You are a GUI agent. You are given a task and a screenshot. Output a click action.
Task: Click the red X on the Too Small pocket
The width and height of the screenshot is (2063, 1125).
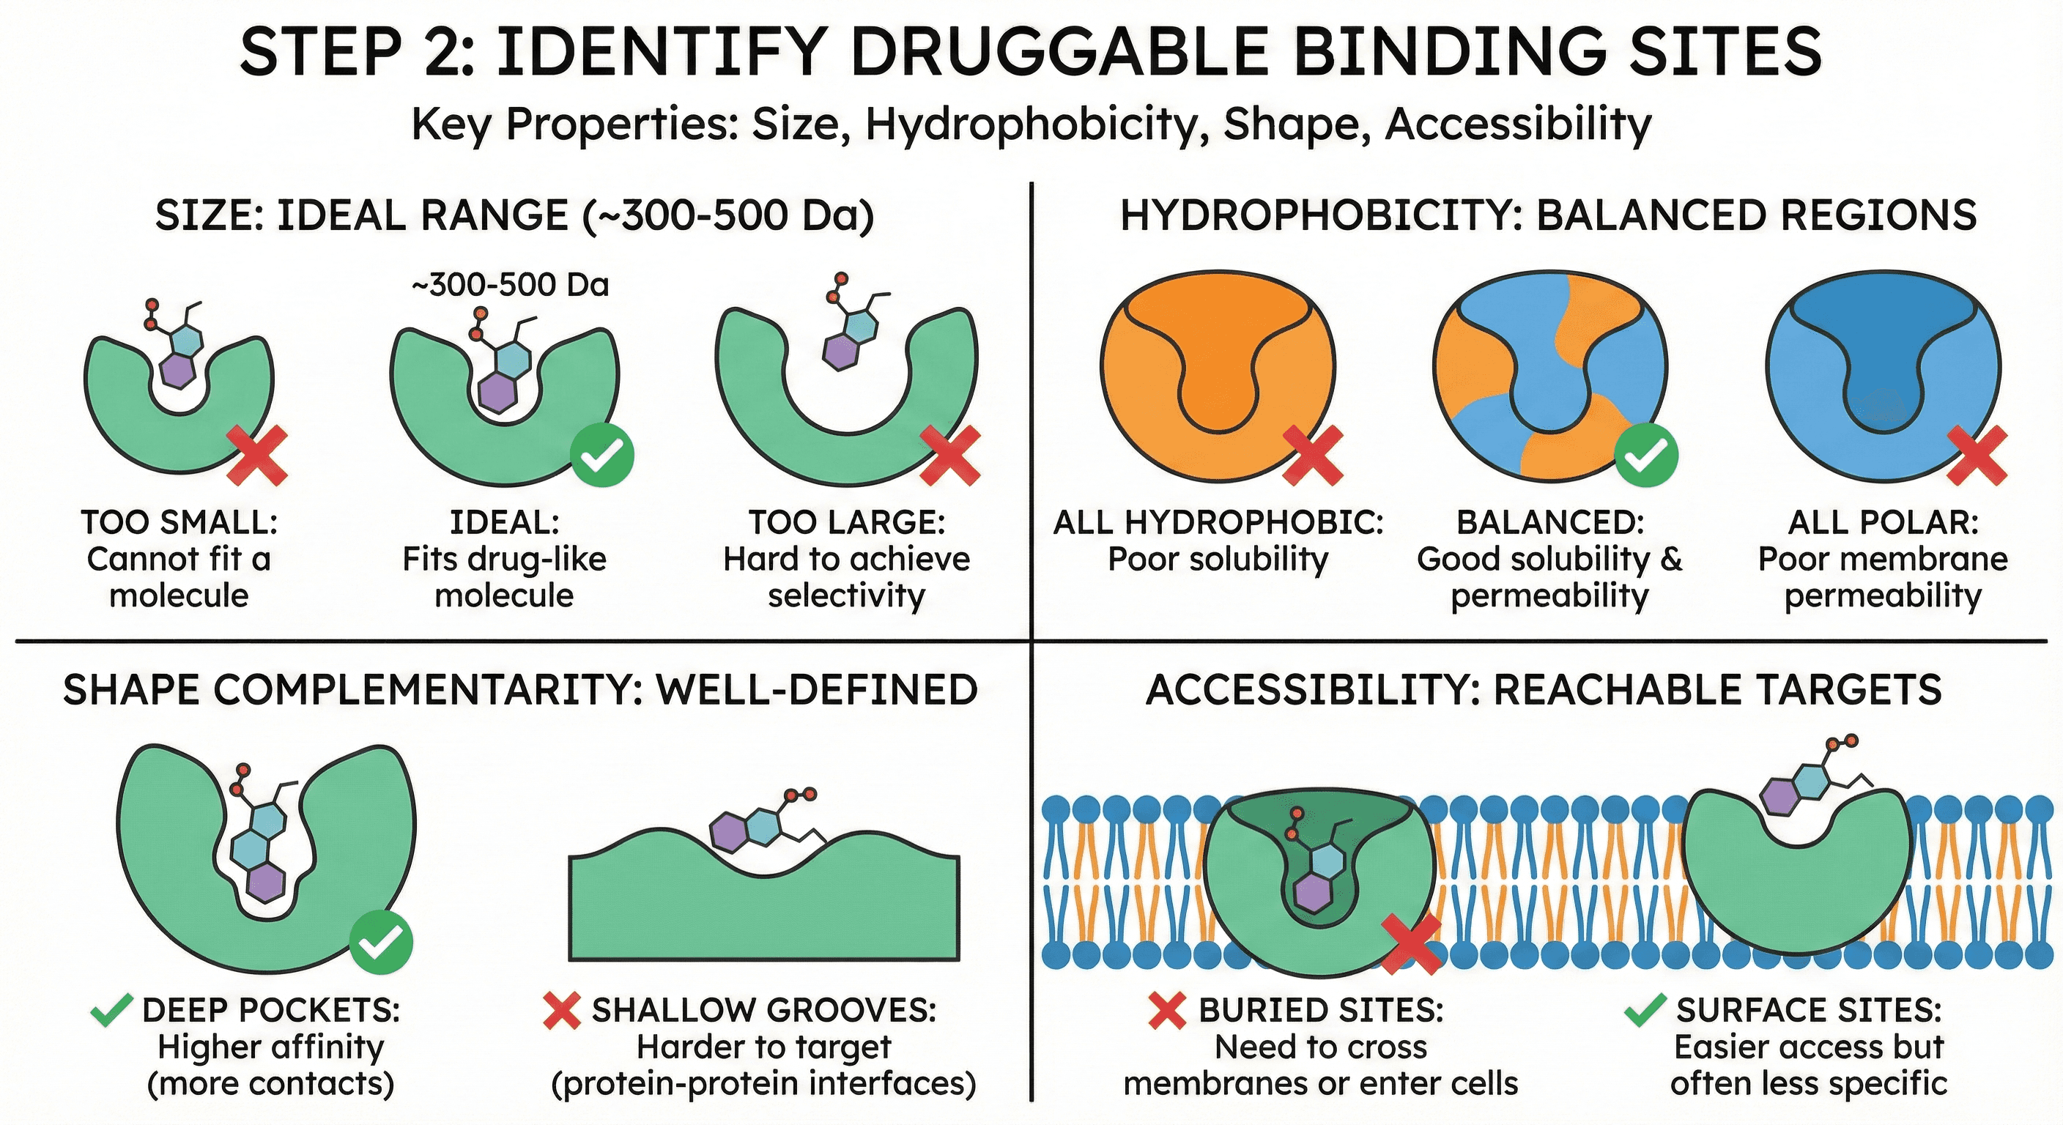[257, 456]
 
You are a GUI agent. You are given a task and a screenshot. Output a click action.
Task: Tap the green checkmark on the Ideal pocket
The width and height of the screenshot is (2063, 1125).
[602, 456]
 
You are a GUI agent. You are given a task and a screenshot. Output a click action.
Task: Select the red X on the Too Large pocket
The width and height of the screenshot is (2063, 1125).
[949, 456]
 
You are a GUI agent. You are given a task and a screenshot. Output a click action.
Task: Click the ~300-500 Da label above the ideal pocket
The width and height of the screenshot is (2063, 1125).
[510, 285]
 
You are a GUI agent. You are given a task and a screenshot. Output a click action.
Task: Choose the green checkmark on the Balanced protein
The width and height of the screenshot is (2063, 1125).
[1645, 456]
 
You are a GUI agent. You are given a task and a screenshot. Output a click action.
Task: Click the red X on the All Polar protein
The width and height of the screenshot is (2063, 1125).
[1977, 456]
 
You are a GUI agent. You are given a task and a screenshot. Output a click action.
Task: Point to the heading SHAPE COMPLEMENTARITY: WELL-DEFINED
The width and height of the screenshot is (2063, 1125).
[521, 690]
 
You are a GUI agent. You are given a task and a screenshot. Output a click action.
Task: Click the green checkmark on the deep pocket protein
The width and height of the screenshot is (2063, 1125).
[381, 943]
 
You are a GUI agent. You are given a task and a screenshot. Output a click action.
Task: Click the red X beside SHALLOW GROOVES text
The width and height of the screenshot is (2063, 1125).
[561, 1011]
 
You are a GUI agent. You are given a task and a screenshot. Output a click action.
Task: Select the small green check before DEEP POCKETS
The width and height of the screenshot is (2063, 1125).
[112, 1011]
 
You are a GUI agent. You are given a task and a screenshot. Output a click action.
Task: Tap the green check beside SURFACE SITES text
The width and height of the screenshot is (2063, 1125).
[1645, 1011]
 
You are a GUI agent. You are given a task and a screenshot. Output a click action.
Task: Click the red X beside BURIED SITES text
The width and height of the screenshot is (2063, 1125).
[1167, 1011]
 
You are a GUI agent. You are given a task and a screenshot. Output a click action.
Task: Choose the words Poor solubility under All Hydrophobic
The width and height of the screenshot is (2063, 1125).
[1218, 560]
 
